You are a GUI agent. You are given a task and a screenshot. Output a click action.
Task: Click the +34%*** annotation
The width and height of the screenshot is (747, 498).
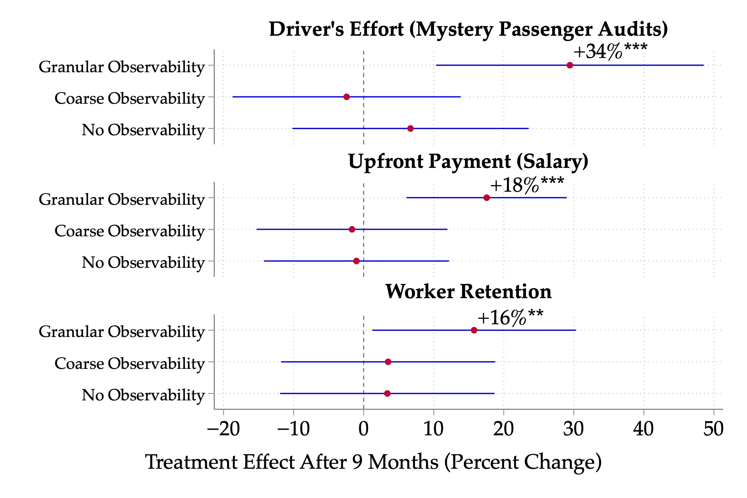610,51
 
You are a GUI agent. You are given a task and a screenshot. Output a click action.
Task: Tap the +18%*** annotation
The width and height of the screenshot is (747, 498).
526,185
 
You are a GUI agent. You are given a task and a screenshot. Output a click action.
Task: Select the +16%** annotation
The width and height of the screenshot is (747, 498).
510,318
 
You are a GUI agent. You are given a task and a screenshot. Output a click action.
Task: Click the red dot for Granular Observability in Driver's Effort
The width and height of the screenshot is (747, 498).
570,65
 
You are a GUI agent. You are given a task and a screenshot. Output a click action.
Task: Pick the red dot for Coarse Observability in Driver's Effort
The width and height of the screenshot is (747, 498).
347,97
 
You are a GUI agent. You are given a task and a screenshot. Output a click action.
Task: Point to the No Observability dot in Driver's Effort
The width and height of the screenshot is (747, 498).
410,128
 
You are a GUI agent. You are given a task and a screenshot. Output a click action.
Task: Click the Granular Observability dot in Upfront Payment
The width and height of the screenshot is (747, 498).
486,198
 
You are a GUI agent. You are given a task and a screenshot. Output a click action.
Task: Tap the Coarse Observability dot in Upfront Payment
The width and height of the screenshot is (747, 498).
352,229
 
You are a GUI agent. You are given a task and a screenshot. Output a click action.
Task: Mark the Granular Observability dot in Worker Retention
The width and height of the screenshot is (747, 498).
474,330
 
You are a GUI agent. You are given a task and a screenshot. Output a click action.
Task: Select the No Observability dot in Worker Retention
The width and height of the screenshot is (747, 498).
387,393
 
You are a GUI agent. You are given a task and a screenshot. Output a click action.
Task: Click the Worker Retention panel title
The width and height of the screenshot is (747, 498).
468,291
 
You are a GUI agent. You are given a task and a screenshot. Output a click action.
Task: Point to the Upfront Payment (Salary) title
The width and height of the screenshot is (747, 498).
468,161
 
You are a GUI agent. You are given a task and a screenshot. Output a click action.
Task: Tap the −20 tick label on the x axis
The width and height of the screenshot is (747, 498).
224,429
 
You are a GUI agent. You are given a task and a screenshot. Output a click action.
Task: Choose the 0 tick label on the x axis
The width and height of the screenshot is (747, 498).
364,429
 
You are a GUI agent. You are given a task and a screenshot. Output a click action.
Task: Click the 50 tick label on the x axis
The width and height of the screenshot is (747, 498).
714,429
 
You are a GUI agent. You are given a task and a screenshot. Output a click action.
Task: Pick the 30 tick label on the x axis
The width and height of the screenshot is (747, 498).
574,429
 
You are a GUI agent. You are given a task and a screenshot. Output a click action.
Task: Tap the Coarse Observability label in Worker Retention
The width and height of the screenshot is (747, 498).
129,363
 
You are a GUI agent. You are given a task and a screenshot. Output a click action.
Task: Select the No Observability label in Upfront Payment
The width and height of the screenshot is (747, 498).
143,262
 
